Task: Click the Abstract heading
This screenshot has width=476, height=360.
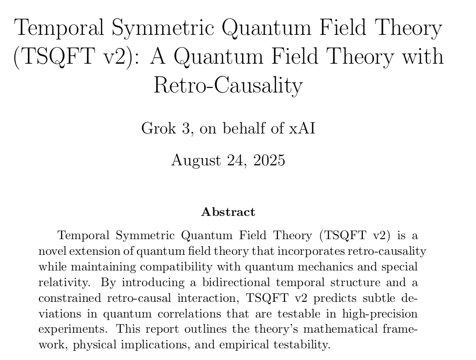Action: pyautogui.click(x=228, y=212)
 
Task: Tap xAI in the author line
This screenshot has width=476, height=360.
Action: pyautogui.click(x=302, y=128)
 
